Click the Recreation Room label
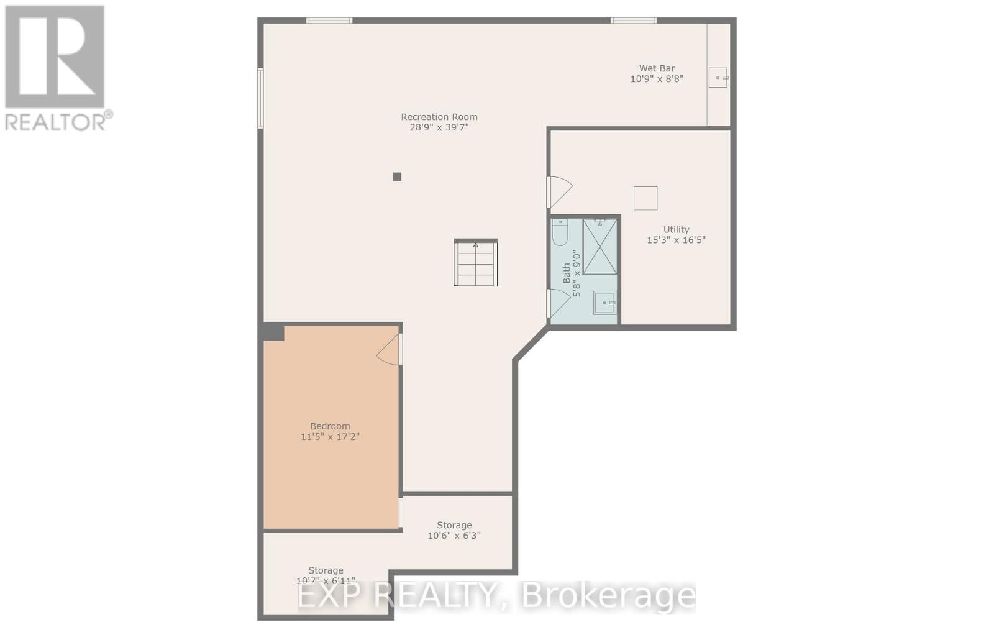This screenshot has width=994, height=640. click(439, 117)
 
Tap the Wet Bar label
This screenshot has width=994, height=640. click(657, 68)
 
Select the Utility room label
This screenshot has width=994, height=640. click(676, 229)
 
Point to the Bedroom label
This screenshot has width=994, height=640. click(330, 426)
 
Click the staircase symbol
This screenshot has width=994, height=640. click(475, 263)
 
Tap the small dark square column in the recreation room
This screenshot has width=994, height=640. click(397, 176)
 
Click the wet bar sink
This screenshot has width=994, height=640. click(718, 78)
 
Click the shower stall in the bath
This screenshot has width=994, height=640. click(600, 247)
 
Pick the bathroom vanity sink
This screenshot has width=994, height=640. click(604, 303)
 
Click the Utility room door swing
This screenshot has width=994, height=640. click(559, 192)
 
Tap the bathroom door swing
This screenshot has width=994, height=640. click(558, 303)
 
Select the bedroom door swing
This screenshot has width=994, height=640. click(390, 350)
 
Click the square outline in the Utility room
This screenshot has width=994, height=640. click(645, 198)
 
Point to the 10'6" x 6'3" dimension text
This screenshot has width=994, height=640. click(454, 536)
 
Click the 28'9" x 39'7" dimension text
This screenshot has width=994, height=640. click(439, 127)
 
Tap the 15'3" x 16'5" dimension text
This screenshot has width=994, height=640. click(676, 240)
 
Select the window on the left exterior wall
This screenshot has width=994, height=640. click(261, 98)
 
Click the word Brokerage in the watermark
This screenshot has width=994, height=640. click(608, 597)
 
